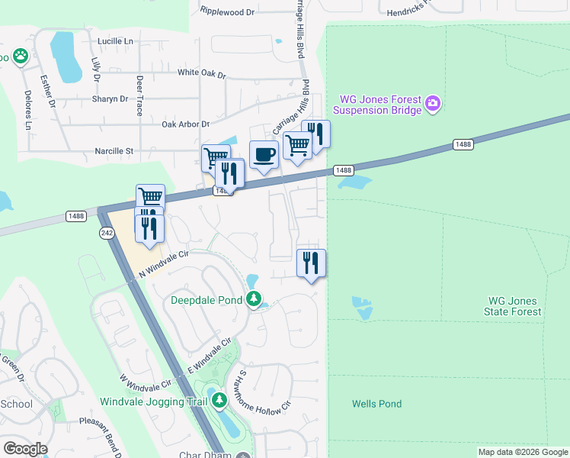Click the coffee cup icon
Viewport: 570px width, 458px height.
pyautogui.click(x=264, y=155)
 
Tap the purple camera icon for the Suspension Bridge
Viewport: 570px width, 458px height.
pyautogui.click(x=433, y=103)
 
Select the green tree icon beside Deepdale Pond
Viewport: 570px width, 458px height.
pyautogui.click(x=255, y=299)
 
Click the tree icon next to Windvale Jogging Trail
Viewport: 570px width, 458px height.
pyautogui.click(x=219, y=400)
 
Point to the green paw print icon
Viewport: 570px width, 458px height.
pyautogui.click(x=19, y=56)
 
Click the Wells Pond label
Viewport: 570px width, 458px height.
pyautogui.click(x=376, y=404)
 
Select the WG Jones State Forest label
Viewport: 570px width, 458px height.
pyautogui.click(x=513, y=305)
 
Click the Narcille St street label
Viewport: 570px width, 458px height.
pyautogui.click(x=113, y=151)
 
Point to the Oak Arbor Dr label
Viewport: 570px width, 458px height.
pyautogui.click(x=185, y=124)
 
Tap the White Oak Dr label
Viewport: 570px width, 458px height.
pyautogui.click(x=202, y=74)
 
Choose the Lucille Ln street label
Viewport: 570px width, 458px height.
pyautogui.click(x=115, y=40)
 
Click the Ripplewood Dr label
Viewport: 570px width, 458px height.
pyautogui.click(x=226, y=11)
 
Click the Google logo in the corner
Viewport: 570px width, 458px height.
pyautogui.click(x=25, y=448)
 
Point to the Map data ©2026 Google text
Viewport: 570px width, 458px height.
pyautogui.click(x=522, y=452)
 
